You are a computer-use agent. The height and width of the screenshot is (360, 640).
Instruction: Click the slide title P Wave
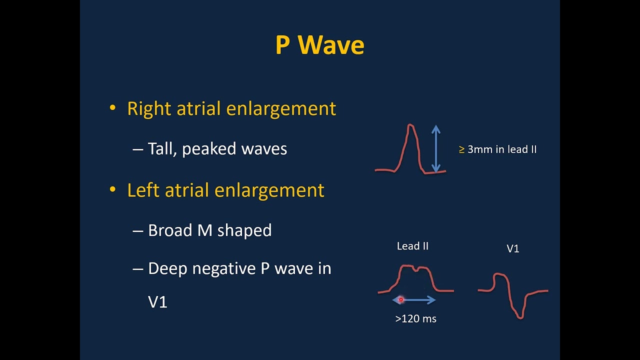click(319, 45)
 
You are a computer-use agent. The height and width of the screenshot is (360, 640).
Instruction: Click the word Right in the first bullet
click(148, 109)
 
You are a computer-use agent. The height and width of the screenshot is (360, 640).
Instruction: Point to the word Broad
click(170, 230)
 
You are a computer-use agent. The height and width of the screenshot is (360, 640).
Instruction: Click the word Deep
click(168, 269)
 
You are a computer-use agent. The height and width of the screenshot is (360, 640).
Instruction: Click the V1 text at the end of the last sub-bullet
click(157, 302)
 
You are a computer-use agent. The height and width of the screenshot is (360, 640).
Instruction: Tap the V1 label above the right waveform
click(513, 248)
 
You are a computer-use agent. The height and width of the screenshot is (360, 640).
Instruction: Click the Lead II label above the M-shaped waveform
click(412, 246)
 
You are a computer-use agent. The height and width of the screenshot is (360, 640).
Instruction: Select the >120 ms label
click(415, 318)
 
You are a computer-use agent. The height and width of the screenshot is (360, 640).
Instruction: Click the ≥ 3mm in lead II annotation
click(497, 149)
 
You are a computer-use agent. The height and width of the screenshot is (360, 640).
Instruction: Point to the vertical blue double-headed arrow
click(436, 149)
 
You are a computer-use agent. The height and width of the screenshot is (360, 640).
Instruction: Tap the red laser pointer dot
click(400, 300)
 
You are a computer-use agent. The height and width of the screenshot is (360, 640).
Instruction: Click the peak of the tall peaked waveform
click(410, 125)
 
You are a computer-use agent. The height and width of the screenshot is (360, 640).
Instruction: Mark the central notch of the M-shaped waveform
click(415, 270)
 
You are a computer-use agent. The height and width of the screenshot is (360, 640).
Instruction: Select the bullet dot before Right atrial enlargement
click(112, 108)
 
